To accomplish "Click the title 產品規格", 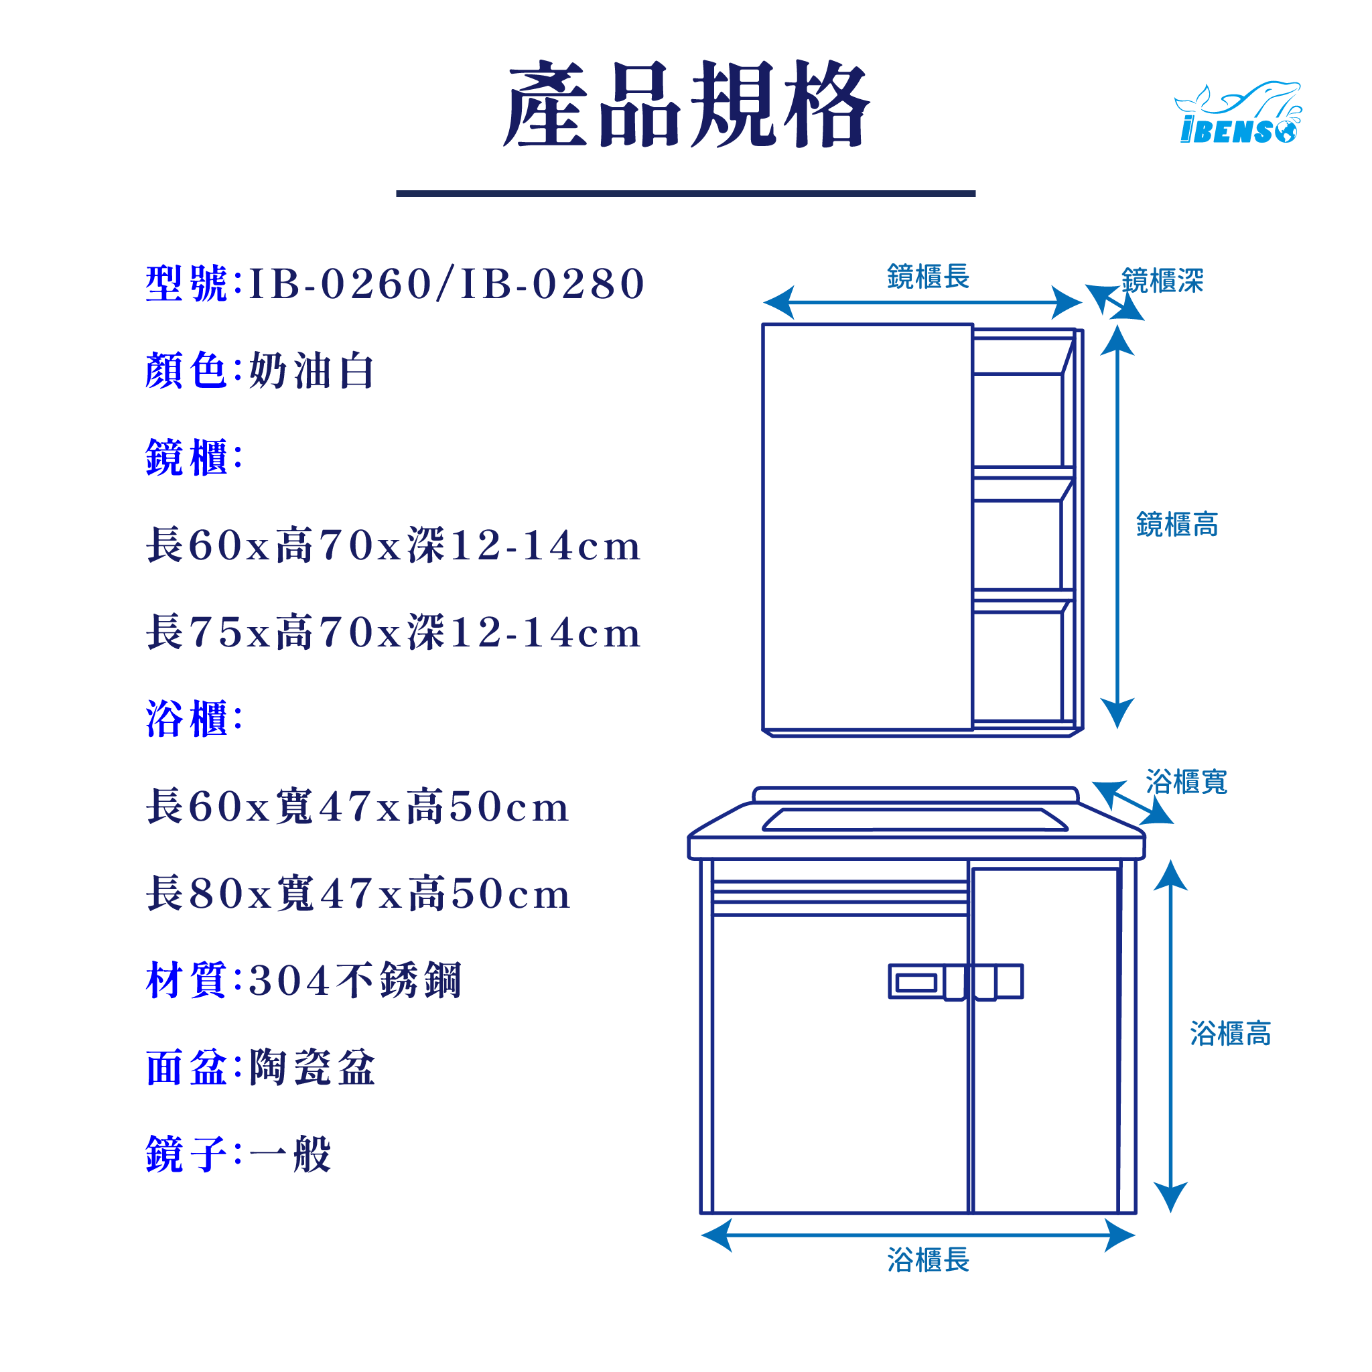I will coord(686,105).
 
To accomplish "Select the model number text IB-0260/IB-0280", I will coord(446,284).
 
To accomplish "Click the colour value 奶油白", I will coord(311,370).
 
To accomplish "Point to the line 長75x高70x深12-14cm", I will coord(393,632).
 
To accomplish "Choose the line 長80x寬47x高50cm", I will coord(358,894).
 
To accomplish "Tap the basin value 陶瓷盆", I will coord(312,1068).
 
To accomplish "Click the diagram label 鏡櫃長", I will coord(928,277).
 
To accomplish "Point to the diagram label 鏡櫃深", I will coord(1162,281).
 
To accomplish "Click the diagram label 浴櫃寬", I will coord(1186,782).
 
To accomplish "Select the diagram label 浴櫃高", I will coord(1230,1034).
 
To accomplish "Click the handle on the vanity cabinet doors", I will coord(956,982).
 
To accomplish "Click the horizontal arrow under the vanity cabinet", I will coord(918,1235).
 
